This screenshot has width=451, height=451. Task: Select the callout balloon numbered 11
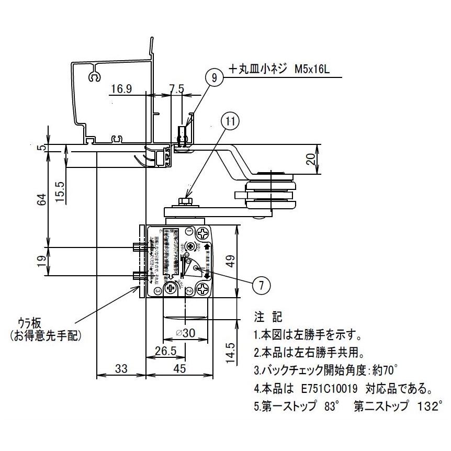point(231,121)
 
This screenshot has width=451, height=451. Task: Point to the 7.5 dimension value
point(177,89)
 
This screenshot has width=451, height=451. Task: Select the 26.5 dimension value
point(164,349)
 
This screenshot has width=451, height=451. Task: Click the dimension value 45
point(179,369)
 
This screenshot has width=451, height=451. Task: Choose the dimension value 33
point(121,369)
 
